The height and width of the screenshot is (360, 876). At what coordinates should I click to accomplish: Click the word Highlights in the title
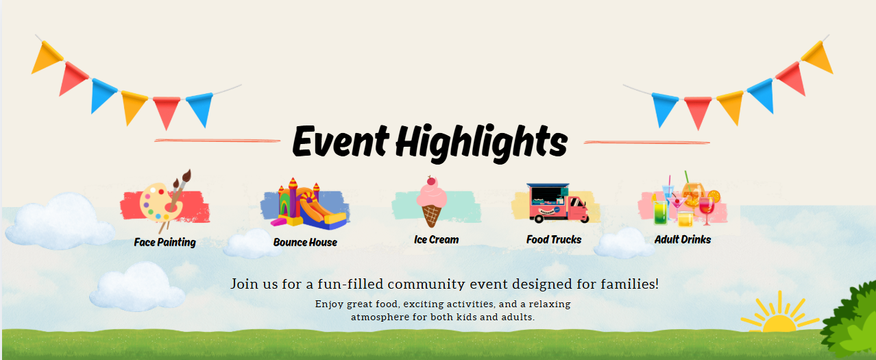(481, 143)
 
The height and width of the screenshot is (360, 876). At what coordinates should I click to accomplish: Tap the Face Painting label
(165, 242)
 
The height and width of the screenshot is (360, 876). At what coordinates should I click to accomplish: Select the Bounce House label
(305, 242)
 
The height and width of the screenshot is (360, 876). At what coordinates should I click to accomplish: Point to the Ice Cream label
(437, 239)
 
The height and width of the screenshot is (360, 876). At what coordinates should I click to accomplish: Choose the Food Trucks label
(554, 239)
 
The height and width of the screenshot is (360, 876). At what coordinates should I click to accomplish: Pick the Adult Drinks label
(683, 239)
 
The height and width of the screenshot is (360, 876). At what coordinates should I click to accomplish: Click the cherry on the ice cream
(431, 181)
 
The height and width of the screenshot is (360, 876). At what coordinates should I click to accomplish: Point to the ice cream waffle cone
(432, 216)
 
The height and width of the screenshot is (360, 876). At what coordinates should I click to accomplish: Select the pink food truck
(557, 203)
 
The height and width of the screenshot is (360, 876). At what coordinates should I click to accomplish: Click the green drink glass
(660, 213)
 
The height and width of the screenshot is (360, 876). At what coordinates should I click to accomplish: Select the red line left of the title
(217, 141)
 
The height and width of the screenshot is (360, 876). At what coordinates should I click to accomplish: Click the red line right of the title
(647, 143)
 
